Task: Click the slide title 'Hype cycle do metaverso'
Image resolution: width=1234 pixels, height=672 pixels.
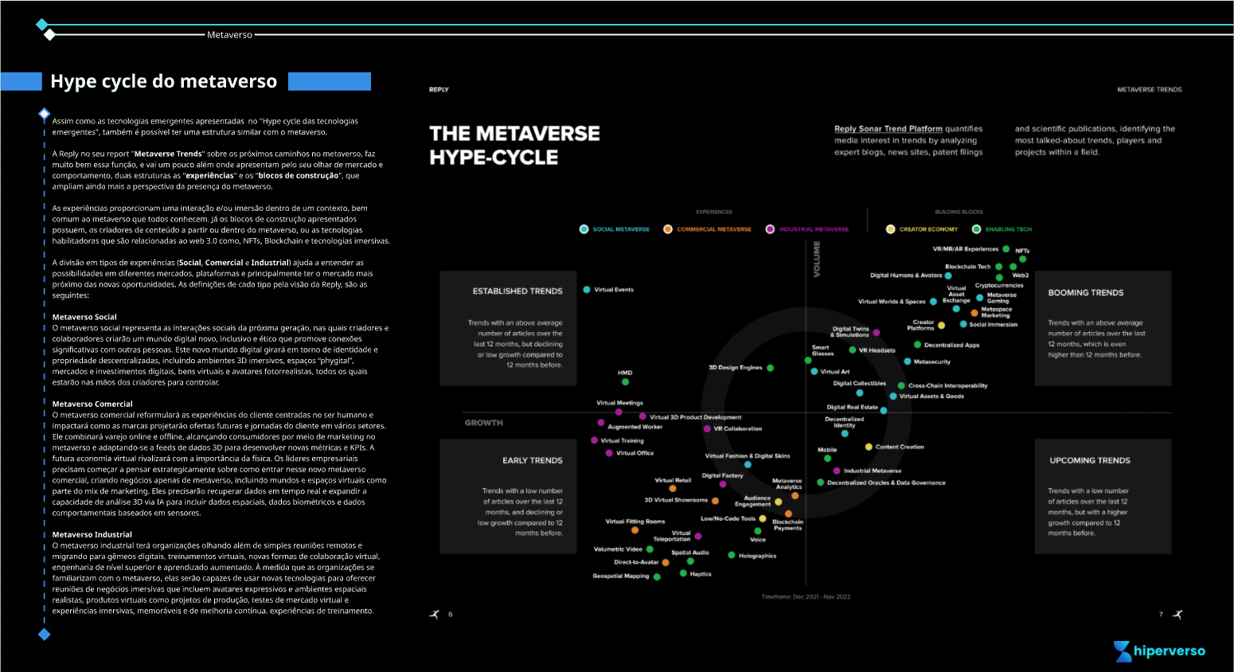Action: click(163, 81)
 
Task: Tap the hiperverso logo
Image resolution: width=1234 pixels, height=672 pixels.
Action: click(1159, 651)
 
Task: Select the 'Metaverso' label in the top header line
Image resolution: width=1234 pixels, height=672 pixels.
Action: click(229, 35)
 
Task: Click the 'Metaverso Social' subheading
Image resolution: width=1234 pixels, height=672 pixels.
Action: click(84, 317)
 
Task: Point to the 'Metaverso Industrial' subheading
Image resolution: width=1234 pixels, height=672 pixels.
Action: click(92, 534)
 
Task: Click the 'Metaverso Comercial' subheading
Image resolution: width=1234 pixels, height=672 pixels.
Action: click(92, 404)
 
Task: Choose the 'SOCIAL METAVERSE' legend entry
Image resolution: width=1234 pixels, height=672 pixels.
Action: click(620, 229)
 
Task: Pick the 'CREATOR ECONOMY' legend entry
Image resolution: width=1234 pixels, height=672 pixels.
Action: click(928, 229)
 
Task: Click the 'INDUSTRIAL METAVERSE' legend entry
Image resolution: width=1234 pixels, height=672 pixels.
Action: click(813, 229)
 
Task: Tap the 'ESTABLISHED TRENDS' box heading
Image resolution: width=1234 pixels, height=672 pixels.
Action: click(517, 291)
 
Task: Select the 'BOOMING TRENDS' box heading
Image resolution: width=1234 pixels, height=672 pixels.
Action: click(1086, 293)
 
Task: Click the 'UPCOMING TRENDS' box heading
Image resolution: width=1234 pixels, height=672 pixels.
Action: click(1090, 460)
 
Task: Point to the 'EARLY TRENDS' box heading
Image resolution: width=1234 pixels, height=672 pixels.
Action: click(532, 460)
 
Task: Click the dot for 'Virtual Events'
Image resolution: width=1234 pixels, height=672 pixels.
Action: click(587, 290)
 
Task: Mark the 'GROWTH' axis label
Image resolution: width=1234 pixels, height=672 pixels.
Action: click(484, 423)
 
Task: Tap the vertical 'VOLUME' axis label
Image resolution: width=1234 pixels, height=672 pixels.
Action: click(816, 260)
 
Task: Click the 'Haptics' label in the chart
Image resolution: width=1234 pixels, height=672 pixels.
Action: click(701, 574)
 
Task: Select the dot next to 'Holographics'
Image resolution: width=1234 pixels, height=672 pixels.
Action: click(732, 555)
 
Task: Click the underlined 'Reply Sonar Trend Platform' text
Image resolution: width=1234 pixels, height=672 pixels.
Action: click(888, 129)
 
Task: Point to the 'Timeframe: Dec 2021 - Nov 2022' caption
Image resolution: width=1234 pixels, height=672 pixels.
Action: click(806, 596)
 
